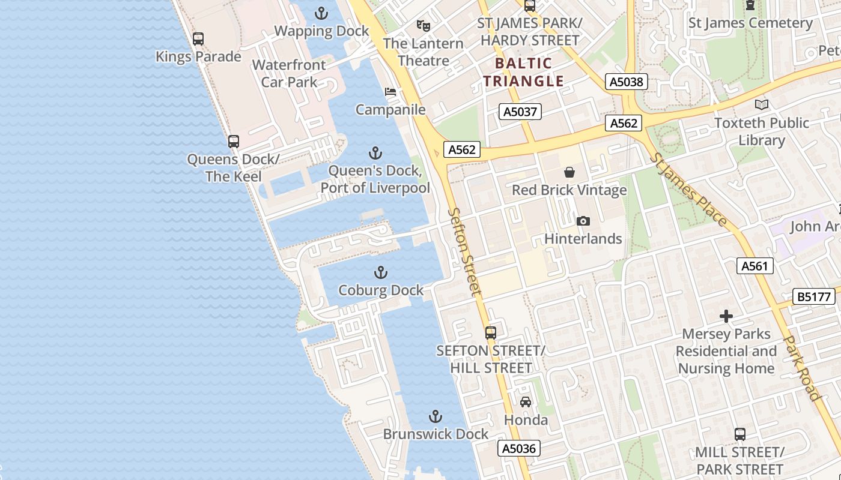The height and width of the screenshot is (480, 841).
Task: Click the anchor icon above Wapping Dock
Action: click(x=321, y=13)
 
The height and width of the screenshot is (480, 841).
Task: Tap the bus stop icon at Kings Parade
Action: click(x=198, y=39)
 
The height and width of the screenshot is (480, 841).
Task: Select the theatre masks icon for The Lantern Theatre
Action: click(x=424, y=26)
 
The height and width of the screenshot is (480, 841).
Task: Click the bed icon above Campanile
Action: click(x=390, y=92)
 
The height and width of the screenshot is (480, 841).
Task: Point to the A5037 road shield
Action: click(x=520, y=112)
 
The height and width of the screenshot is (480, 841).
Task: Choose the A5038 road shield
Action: click(x=627, y=82)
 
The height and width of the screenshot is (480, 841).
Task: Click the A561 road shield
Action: click(x=754, y=266)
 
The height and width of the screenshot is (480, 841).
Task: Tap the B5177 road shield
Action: click(x=815, y=296)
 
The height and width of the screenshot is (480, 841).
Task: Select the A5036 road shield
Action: click(x=519, y=448)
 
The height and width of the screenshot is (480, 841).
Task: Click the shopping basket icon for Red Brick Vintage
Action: click(x=569, y=173)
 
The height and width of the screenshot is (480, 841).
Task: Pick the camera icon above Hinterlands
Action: click(x=583, y=221)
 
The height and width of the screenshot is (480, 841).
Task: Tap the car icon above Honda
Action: click(x=526, y=402)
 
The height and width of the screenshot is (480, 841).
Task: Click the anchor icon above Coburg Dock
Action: click(x=380, y=273)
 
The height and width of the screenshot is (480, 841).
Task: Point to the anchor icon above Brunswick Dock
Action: click(x=436, y=416)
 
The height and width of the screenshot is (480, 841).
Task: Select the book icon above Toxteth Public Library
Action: click(x=762, y=105)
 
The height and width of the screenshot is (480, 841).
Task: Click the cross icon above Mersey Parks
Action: click(x=726, y=316)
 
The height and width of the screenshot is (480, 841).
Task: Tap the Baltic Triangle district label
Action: click(x=524, y=72)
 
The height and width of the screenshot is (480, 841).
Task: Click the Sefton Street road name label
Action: click(x=466, y=251)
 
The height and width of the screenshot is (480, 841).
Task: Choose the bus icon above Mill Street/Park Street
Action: click(x=740, y=434)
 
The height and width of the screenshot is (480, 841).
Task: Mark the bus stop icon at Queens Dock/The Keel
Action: click(x=234, y=142)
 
